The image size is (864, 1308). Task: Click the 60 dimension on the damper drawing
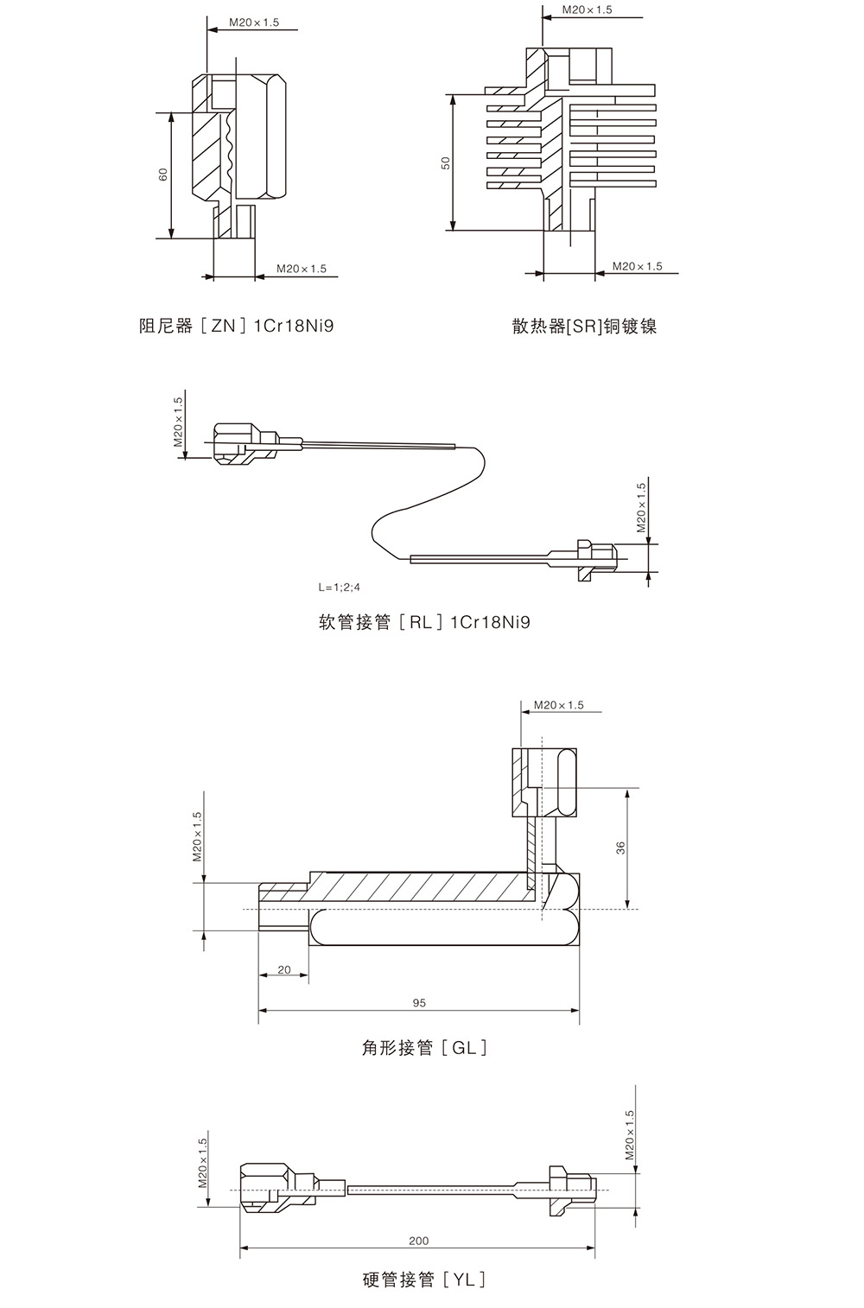(163, 174)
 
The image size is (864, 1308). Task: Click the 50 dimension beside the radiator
(446, 162)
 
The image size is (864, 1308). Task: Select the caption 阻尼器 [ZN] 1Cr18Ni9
(236, 326)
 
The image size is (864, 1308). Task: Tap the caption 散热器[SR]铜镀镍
(584, 326)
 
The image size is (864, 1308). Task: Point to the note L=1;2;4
(340, 587)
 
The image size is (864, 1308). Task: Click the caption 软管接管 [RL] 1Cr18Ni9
(424, 622)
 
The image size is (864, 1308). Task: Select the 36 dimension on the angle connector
(620, 848)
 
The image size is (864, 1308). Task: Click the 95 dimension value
(419, 1003)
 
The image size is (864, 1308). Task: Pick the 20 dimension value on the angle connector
(284, 970)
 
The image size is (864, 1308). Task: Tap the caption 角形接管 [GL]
(423, 1048)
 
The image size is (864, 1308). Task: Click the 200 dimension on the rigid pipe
(418, 1241)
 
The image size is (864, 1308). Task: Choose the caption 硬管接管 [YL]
(423, 1279)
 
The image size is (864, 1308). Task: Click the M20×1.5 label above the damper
(254, 22)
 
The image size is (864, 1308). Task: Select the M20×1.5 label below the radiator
(638, 266)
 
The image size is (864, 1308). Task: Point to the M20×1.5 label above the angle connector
(558, 705)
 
